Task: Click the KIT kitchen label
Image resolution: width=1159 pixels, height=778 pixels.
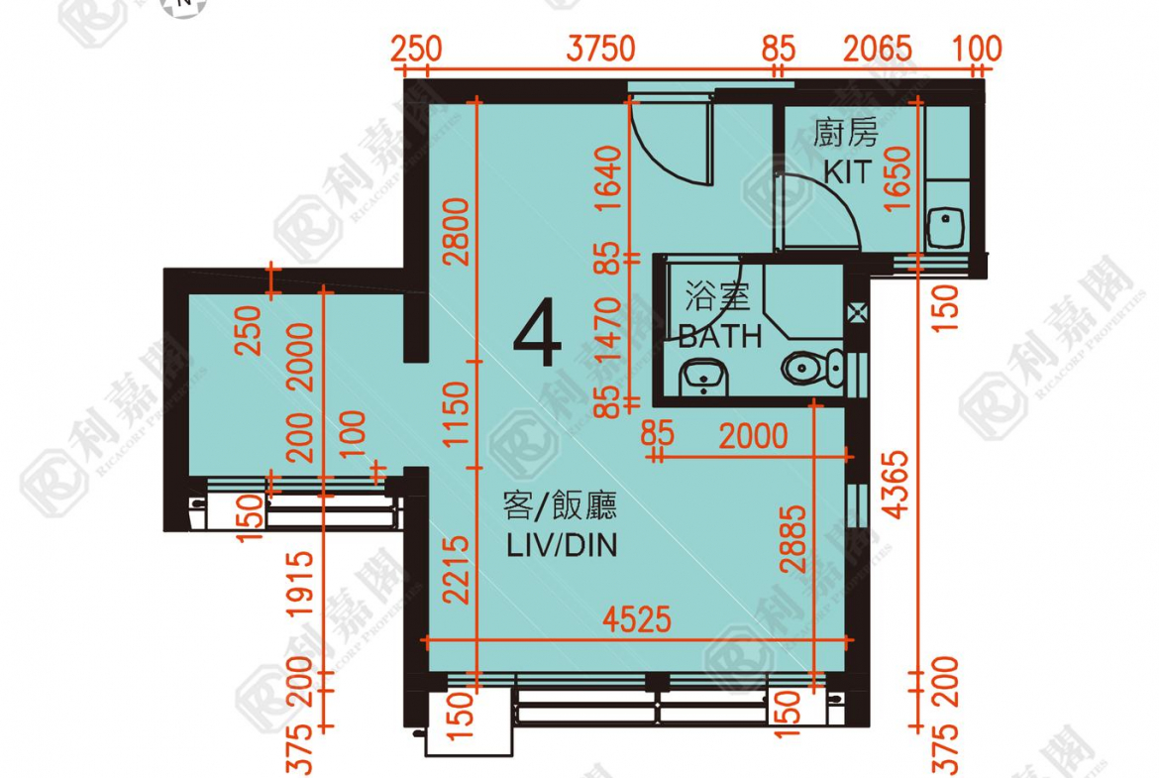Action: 847,172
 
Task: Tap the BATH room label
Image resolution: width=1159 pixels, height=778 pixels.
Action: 720,335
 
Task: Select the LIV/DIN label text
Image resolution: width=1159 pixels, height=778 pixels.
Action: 561,544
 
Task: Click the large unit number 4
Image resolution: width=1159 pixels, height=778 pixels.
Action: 538,337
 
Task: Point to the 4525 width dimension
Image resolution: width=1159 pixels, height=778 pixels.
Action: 637,620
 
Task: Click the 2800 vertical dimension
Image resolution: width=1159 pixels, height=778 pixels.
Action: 457,232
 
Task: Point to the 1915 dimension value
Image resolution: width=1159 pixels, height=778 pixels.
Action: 304,586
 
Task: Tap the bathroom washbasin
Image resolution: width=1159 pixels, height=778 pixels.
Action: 703,375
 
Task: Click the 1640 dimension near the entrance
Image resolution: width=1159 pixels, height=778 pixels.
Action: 608,179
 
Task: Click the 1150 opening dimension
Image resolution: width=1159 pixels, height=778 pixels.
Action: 457,415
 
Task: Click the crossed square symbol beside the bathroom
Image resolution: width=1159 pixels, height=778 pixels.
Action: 858,313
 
